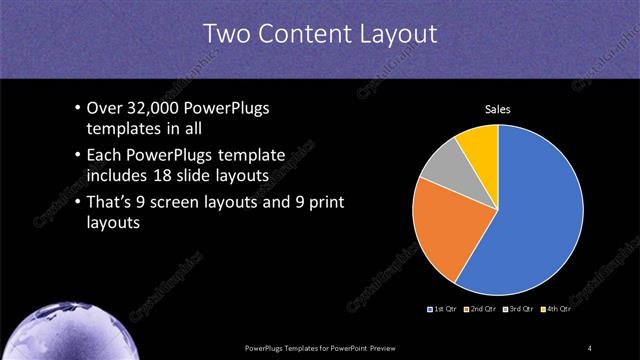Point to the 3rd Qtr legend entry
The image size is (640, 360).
[519, 310]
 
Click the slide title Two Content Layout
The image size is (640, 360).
[320, 33]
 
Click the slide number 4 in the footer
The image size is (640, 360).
[590, 347]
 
